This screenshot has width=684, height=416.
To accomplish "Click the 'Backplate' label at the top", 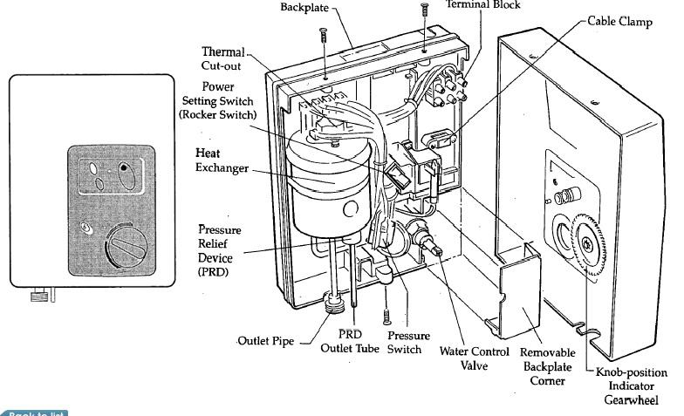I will (x=306, y=8).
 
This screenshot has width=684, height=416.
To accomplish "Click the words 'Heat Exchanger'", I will (x=222, y=160).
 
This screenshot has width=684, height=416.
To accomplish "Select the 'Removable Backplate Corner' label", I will (x=546, y=366).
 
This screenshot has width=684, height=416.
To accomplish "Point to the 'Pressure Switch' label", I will (x=407, y=342).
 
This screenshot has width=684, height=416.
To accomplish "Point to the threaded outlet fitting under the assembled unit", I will (x=37, y=296).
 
